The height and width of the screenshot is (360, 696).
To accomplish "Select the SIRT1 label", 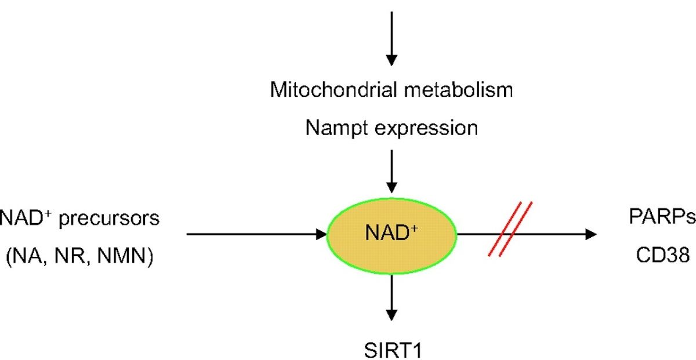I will pos(391,350).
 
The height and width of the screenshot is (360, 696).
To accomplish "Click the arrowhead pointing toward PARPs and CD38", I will pos(590,234).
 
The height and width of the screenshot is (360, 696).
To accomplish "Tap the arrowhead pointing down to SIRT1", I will pos(392,315).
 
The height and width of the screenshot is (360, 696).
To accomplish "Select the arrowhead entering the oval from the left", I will pos(321,234).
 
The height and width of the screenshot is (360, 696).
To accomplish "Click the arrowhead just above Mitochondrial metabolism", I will pos(392,59).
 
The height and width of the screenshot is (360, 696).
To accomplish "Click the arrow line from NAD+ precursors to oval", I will pos(249,234).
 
